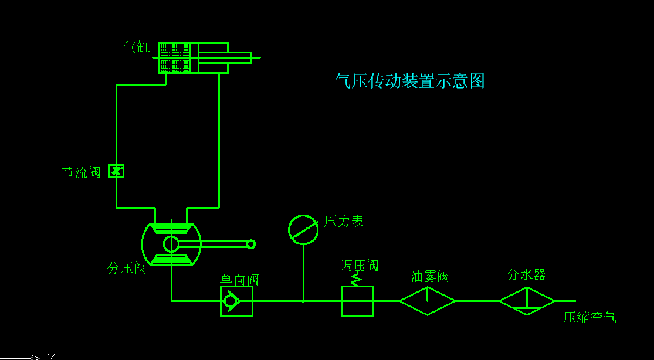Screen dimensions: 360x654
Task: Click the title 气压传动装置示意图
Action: tap(409, 81)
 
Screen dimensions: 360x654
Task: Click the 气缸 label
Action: tap(137, 47)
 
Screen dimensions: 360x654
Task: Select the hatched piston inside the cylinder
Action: tap(174, 57)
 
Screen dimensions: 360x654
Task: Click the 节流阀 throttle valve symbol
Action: tap(116, 171)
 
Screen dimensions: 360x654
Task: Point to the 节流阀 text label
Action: tap(81, 172)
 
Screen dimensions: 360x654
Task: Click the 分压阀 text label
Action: tap(127, 268)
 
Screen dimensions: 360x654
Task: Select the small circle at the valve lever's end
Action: tap(251, 244)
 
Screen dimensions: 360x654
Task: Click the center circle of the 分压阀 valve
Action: tap(171, 244)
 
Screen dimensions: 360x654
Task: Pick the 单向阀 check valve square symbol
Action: tap(236, 301)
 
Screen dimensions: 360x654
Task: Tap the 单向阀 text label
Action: tap(239, 280)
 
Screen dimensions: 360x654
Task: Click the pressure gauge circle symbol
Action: tap(303, 229)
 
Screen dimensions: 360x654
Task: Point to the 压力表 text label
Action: tap(344, 221)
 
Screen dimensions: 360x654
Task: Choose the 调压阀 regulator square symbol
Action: tap(357, 301)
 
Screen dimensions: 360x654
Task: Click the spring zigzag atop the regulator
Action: tap(355, 280)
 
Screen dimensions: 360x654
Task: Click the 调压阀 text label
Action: tap(360, 266)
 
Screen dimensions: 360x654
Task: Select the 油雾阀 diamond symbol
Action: tap(428, 301)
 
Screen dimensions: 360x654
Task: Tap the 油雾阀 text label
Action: tap(430, 276)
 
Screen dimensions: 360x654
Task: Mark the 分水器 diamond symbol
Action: tap(527, 301)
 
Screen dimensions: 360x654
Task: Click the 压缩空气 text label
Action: tap(589, 318)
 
